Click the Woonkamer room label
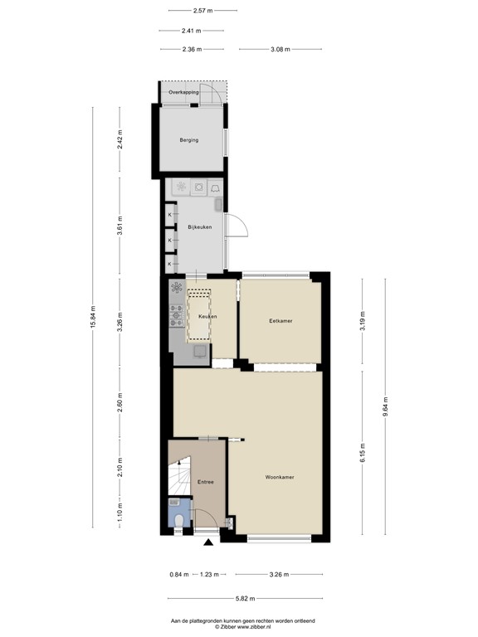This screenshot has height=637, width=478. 280,478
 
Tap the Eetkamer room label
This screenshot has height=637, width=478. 280,320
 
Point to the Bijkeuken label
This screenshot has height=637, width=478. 200,226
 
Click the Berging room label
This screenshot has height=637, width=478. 189,140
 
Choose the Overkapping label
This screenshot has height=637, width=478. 183,92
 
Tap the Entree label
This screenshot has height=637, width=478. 206,482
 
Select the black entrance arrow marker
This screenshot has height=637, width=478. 207,543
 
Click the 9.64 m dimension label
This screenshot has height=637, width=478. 385,409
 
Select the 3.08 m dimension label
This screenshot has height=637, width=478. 280,50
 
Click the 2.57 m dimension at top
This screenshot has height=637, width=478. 202,11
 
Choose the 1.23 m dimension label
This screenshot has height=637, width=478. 212,573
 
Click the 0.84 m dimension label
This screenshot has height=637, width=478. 178,573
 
